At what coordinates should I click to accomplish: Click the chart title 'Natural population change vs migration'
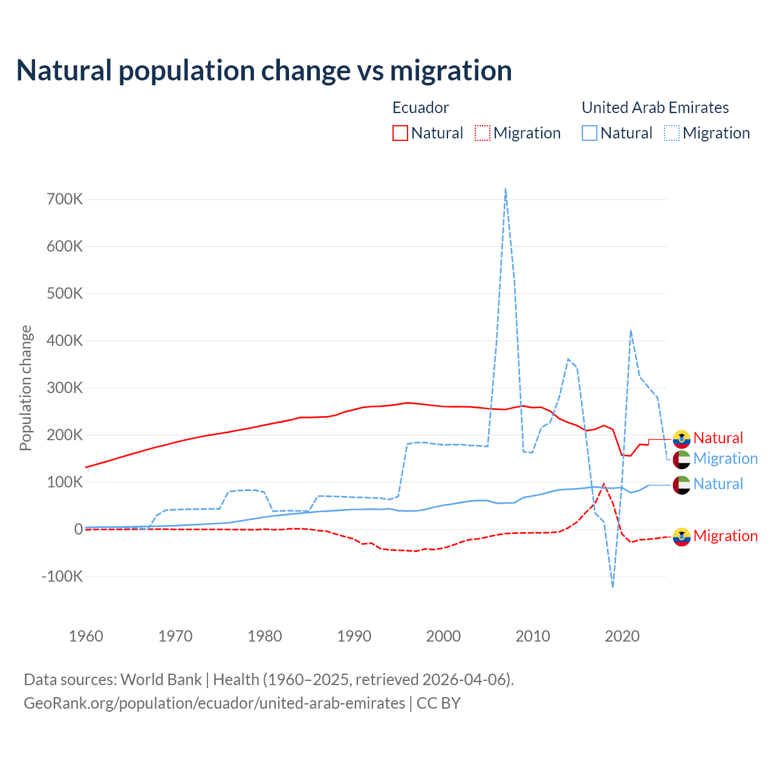[x=264, y=71]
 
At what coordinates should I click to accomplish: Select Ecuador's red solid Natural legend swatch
[x=400, y=133]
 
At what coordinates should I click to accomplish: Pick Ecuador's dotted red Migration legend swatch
[x=483, y=133]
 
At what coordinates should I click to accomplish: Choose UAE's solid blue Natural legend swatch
[x=590, y=133]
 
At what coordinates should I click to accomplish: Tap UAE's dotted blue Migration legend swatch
[x=672, y=133]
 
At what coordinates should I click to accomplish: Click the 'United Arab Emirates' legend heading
[x=655, y=108]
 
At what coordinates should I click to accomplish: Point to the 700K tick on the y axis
[x=65, y=199]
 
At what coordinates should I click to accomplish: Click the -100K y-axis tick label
[x=62, y=576]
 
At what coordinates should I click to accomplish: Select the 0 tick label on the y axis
[x=78, y=529]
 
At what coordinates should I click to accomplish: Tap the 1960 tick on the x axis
[x=86, y=636]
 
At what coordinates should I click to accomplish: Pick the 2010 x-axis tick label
[x=533, y=636]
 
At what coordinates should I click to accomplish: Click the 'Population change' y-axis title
[x=25, y=388]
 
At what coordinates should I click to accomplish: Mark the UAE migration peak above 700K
[x=505, y=189]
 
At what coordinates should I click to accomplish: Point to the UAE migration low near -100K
[x=613, y=586]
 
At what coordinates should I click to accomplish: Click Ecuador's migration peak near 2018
[x=603, y=484]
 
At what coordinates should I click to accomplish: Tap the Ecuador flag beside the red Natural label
[x=681, y=438]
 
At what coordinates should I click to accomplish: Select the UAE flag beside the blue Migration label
[x=681, y=459]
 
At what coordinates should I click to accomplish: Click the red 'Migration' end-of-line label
[x=725, y=536]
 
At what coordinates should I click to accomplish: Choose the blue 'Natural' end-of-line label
[x=718, y=484]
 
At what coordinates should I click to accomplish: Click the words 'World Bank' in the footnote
[x=161, y=680]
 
